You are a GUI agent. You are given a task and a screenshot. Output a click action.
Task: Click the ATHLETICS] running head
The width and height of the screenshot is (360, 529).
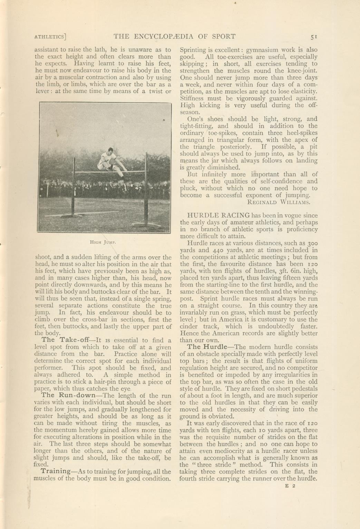click(x=50, y=37)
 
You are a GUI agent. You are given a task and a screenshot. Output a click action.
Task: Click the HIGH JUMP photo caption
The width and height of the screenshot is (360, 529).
click(x=103, y=242)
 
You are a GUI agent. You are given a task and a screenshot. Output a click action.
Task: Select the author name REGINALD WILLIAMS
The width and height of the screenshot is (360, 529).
click(x=279, y=202)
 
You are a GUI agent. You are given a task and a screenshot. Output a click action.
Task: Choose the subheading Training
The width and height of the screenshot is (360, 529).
click(x=56, y=471)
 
